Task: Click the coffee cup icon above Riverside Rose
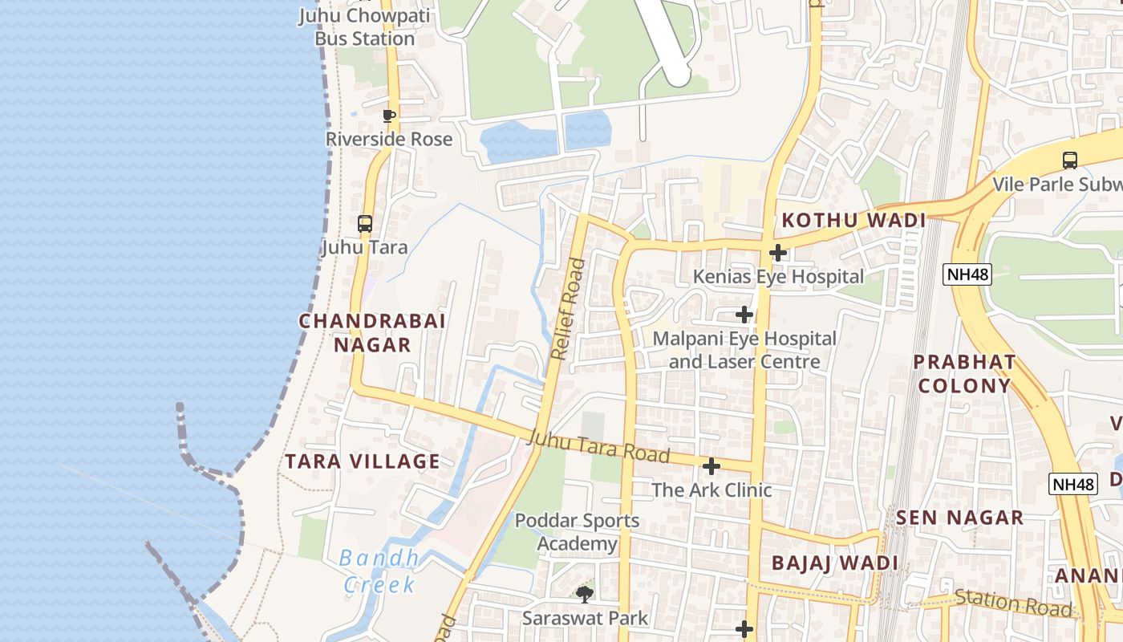(389, 116)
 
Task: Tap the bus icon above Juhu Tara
(365, 224)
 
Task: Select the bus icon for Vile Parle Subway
(1069, 160)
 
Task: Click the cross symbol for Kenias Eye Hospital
(776, 254)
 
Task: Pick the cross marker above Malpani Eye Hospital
(744, 315)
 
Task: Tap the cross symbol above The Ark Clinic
(711, 466)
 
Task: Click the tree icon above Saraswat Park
(585, 595)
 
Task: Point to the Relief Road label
(569, 308)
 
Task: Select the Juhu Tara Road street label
(598, 447)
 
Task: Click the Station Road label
(1013, 603)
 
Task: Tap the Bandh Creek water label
(379, 571)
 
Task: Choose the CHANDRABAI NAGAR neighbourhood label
(372, 333)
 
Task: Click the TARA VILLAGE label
(363, 461)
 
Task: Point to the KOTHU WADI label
(854, 221)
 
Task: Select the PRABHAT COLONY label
(964, 374)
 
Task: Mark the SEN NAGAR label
(960, 518)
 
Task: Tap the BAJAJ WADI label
(835, 563)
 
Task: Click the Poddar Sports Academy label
(577, 532)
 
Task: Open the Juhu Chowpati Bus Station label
(364, 27)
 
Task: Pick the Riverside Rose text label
(389, 140)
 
